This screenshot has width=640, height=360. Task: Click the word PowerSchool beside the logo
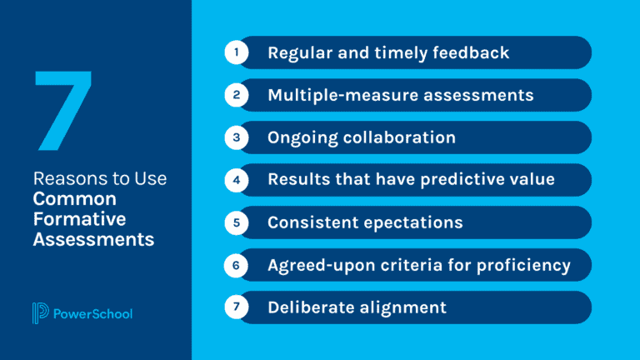(x=92, y=314)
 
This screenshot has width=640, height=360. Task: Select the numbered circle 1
(x=237, y=52)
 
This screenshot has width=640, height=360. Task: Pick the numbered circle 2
(x=237, y=95)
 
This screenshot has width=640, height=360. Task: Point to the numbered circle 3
(x=237, y=137)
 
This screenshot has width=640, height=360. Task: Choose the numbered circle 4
(x=237, y=180)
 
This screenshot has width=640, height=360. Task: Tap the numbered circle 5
(x=237, y=222)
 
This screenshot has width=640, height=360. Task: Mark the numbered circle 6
(x=237, y=265)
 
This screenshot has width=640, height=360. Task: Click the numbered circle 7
(x=237, y=307)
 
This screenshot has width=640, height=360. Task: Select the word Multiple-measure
(x=332, y=95)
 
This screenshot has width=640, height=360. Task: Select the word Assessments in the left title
(x=93, y=239)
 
